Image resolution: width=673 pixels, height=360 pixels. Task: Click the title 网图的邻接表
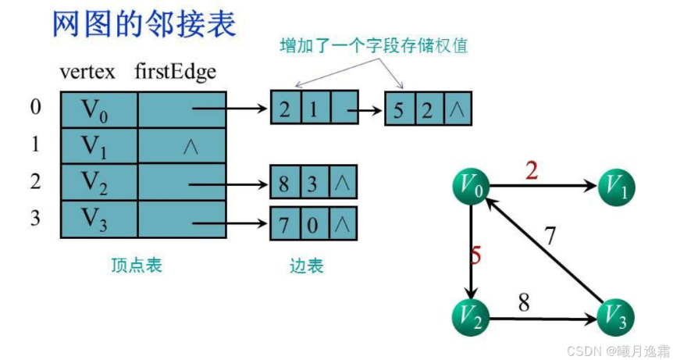coord(144,24)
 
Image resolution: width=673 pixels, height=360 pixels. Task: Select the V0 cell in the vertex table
coord(99,110)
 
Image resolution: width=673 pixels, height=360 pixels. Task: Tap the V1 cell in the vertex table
coord(99,146)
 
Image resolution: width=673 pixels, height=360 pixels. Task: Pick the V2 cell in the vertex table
coord(99,182)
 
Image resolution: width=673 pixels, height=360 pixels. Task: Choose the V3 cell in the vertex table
coord(99,218)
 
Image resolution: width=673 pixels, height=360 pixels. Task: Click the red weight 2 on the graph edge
coord(532,171)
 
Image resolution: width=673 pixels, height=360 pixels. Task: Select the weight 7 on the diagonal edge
coord(550,235)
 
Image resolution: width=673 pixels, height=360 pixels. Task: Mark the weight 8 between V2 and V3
coord(524,301)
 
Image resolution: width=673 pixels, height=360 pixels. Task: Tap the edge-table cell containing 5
coord(399,110)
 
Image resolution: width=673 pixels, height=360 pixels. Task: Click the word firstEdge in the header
coord(176,72)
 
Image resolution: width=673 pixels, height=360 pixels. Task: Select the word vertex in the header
coord(87,72)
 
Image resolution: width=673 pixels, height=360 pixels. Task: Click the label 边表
coord(306,266)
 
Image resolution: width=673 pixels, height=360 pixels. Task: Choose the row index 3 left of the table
coord(35,217)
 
